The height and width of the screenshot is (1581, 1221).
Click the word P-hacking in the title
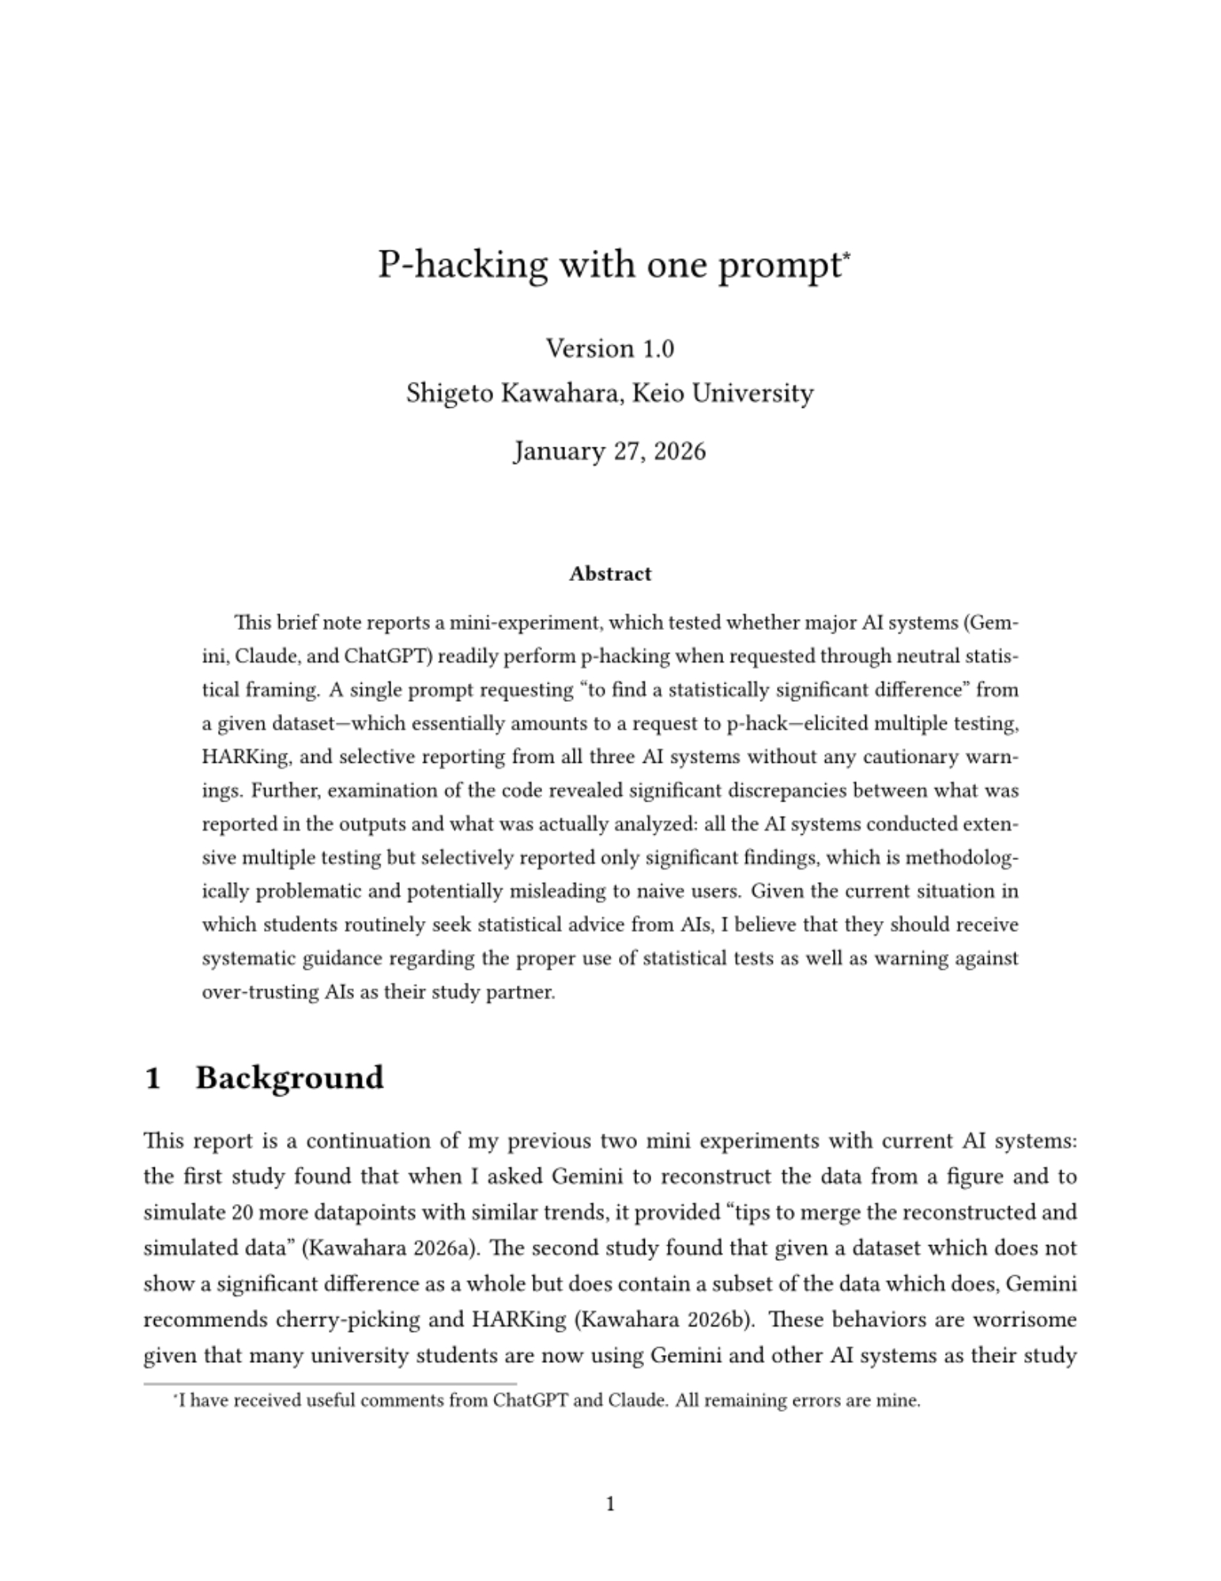(x=462, y=265)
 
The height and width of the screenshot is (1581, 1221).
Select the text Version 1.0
(x=610, y=349)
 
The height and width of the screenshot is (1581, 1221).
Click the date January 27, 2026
(x=610, y=451)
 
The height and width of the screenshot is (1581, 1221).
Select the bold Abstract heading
(x=610, y=574)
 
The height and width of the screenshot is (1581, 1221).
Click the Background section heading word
(x=289, y=1078)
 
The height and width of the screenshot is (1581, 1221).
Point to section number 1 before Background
(x=154, y=1078)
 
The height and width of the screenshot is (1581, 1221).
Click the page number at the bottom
(x=610, y=1504)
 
